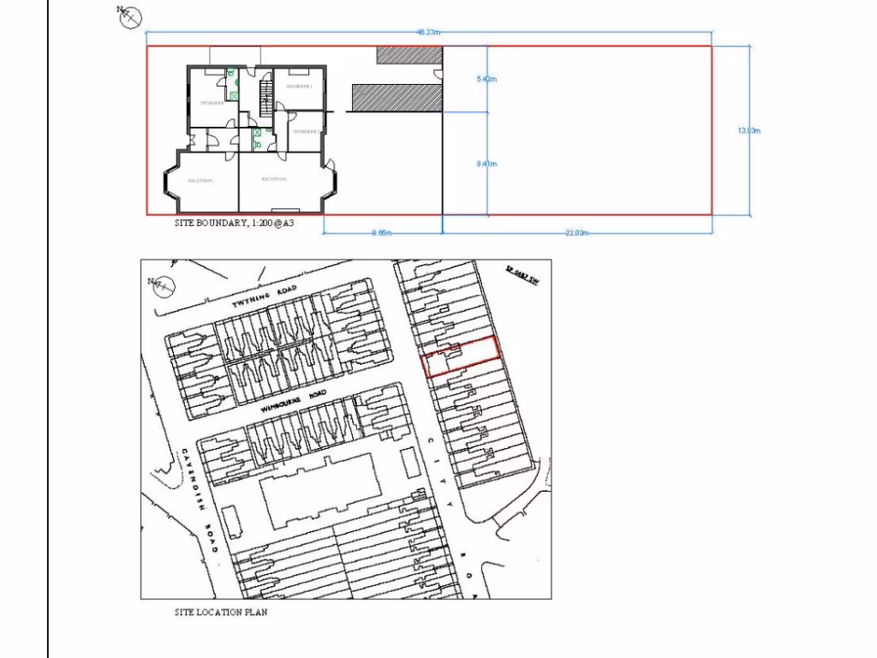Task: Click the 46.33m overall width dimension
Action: (x=428, y=33)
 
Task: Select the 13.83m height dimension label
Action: (x=749, y=131)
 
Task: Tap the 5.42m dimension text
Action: (x=486, y=79)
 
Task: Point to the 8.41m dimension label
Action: (x=486, y=164)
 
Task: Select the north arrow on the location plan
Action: (x=158, y=284)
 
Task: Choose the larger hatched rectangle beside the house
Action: (x=397, y=98)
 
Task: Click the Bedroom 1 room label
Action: (x=300, y=87)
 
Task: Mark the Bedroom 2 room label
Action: (x=306, y=132)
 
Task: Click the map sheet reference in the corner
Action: (x=521, y=276)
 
